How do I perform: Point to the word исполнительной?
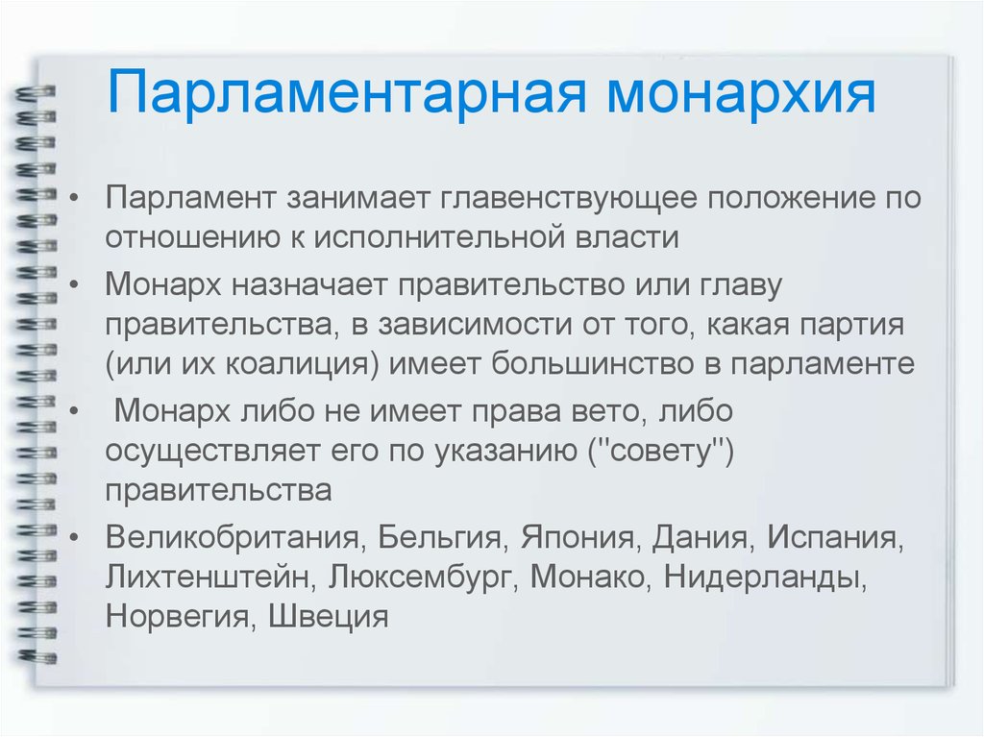(x=435, y=238)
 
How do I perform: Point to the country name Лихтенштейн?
(x=208, y=577)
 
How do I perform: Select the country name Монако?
(x=587, y=577)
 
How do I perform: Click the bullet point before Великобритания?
(x=75, y=539)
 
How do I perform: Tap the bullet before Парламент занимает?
(x=75, y=198)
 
